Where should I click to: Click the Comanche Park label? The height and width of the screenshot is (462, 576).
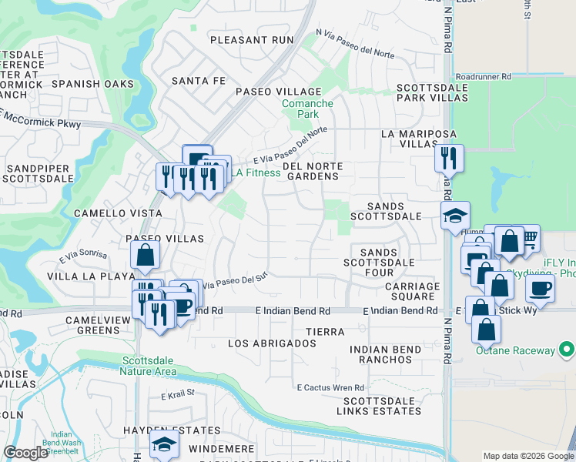[x=307, y=109]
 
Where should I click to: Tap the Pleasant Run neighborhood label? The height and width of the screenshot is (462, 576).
[x=252, y=39]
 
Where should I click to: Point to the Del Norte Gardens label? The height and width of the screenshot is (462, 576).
[x=311, y=171]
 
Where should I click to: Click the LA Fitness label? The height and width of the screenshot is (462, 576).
[x=257, y=172]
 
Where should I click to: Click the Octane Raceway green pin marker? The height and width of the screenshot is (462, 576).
[x=568, y=350]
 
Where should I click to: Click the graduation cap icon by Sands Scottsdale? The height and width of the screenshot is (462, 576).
[x=455, y=215]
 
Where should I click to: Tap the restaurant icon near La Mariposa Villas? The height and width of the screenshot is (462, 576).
[x=448, y=158]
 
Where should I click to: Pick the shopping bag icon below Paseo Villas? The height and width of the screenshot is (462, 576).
[x=145, y=256]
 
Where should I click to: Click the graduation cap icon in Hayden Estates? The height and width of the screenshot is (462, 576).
[x=163, y=444]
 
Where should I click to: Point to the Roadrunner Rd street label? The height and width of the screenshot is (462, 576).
[x=483, y=77]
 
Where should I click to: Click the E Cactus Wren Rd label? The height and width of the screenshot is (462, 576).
[x=330, y=387]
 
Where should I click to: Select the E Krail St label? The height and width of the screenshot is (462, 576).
[x=178, y=396]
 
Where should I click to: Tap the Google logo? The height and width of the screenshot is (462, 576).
[x=25, y=454]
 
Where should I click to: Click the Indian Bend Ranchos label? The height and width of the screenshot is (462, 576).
[x=385, y=355]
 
